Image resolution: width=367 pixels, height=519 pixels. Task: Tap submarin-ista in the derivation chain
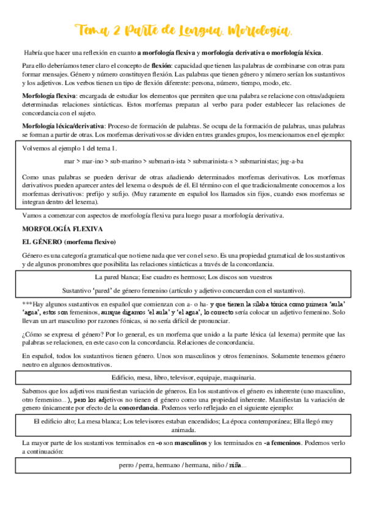point(168,161)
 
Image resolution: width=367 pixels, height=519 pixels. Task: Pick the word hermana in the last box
point(194,465)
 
